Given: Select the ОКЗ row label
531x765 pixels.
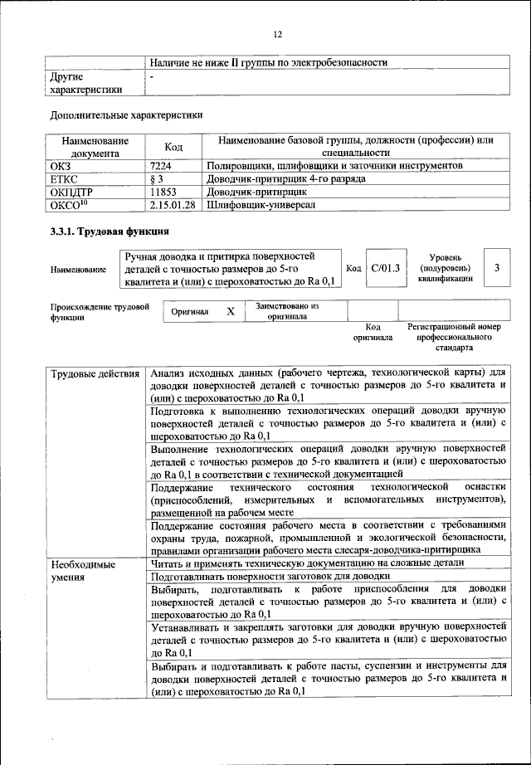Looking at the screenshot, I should (x=62, y=166).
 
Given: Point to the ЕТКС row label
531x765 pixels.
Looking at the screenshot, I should (x=66, y=178).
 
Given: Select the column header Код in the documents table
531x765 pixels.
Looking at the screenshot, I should (x=173, y=147).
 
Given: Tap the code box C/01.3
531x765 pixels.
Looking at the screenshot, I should (x=386, y=268).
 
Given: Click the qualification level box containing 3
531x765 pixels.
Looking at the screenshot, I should (x=496, y=268).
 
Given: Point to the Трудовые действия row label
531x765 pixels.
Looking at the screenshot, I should (x=95, y=374).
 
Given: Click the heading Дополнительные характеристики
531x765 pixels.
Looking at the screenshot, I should (x=126, y=115).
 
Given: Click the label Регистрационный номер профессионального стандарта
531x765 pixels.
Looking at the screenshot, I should (x=454, y=339).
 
